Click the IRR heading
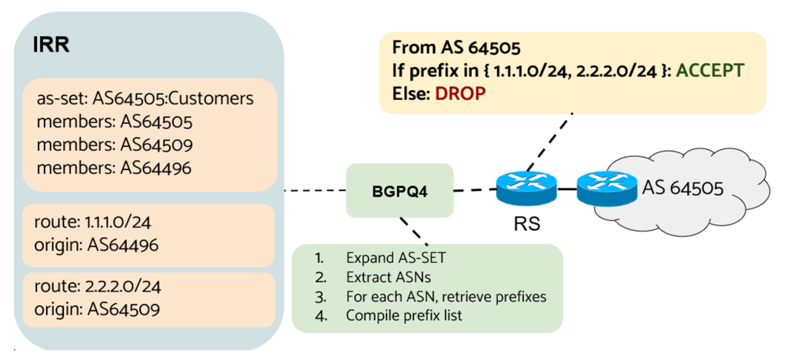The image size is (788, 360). click(52, 45)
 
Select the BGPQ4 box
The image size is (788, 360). click(399, 189)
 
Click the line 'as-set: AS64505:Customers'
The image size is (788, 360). click(145, 99)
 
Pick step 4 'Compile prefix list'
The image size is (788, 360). click(404, 315)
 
